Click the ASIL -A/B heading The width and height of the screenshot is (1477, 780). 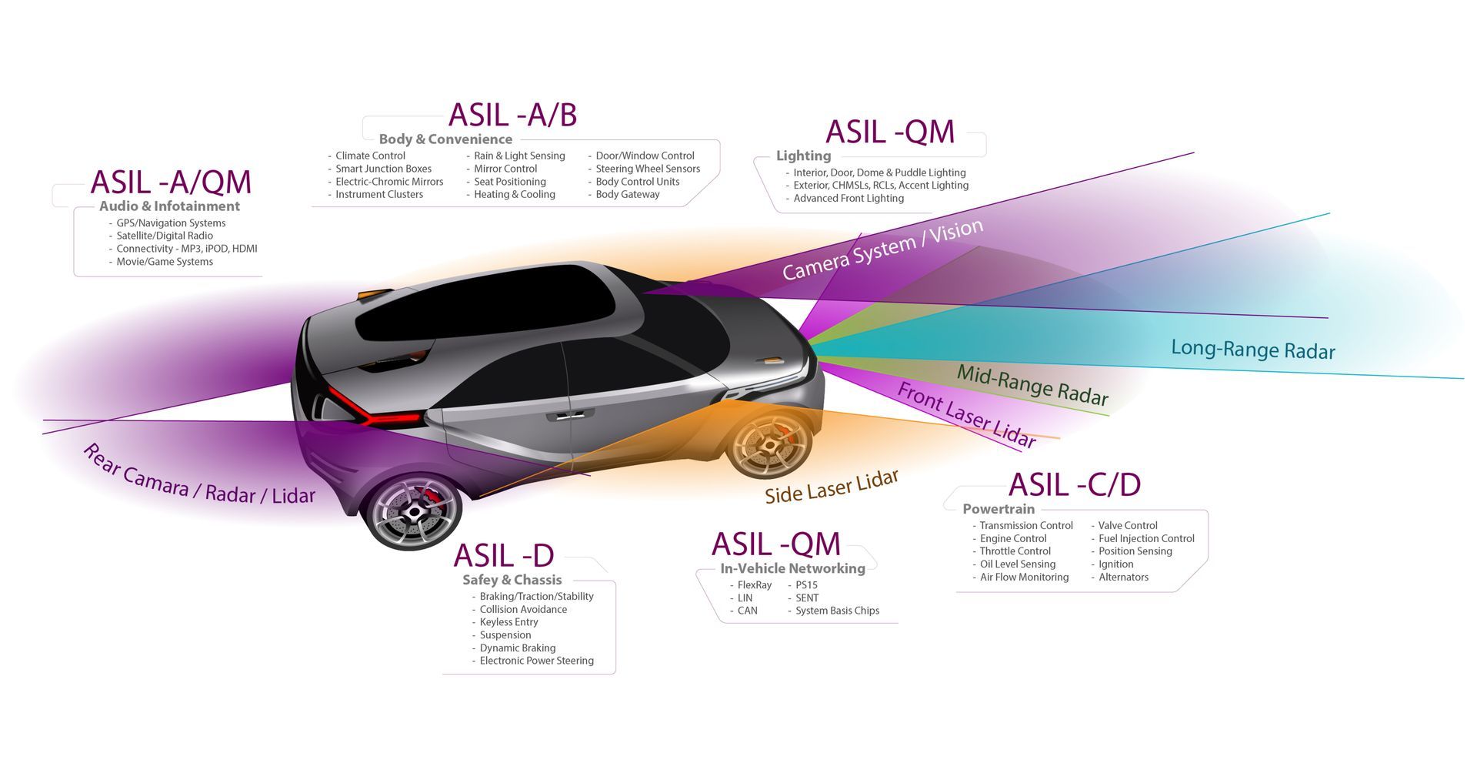click(x=512, y=115)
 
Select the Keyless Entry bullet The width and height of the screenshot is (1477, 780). click(x=508, y=622)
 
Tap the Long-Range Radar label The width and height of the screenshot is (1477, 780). click(x=1252, y=349)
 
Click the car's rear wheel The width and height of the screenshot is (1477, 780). click(x=413, y=511)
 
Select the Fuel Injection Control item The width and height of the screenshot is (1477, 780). click(x=1145, y=538)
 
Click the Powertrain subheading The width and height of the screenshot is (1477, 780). click(x=999, y=509)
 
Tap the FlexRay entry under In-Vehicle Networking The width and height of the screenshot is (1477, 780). click(x=754, y=585)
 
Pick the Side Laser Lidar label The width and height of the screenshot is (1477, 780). click(x=832, y=487)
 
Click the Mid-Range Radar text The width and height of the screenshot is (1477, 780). click(x=1032, y=384)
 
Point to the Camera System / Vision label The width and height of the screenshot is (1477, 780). click(x=882, y=249)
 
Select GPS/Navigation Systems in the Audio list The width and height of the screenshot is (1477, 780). click(x=171, y=223)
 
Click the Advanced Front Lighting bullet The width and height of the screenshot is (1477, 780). click(x=848, y=198)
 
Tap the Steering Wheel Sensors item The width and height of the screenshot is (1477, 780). click(x=647, y=169)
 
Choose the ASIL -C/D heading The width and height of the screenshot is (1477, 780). click(x=1074, y=484)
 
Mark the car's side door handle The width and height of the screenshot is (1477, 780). click(x=570, y=416)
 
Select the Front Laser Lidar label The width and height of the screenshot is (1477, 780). click(x=966, y=415)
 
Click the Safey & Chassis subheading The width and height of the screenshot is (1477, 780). click(x=512, y=580)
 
